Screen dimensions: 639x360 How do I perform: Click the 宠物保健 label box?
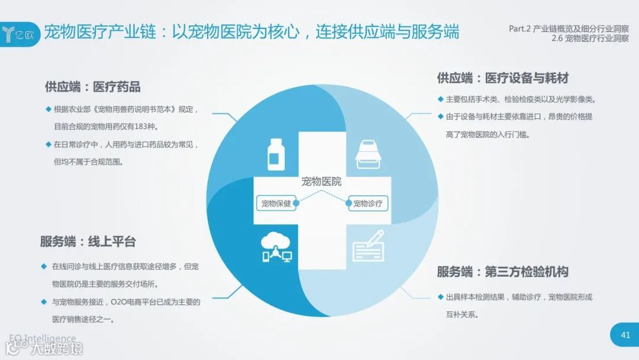click(x=276, y=203)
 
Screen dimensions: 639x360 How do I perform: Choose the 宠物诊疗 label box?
click(x=367, y=203)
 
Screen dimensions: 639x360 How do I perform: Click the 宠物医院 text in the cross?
click(x=321, y=181)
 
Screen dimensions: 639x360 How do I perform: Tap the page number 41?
click(x=625, y=335)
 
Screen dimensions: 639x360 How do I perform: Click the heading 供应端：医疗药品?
click(x=93, y=87)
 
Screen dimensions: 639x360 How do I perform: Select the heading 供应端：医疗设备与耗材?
click(x=503, y=78)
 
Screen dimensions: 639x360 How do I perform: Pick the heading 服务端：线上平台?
click(x=88, y=242)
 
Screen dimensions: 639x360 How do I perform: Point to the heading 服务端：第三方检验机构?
click(x=503, y=272)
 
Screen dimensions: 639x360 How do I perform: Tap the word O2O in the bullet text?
click(x=121, y=302)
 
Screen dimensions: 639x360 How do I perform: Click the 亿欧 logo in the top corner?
click(x=20, y=31)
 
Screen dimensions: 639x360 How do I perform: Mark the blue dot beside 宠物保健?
click(x=296, y=203)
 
